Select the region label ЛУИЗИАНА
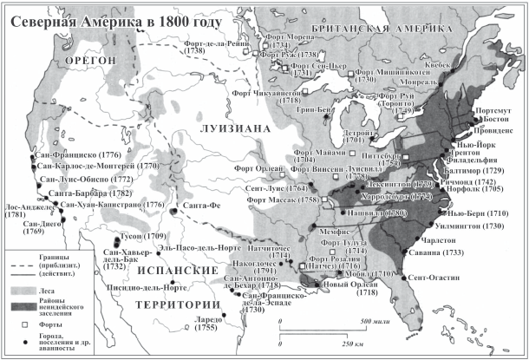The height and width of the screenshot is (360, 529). pos(231,127)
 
